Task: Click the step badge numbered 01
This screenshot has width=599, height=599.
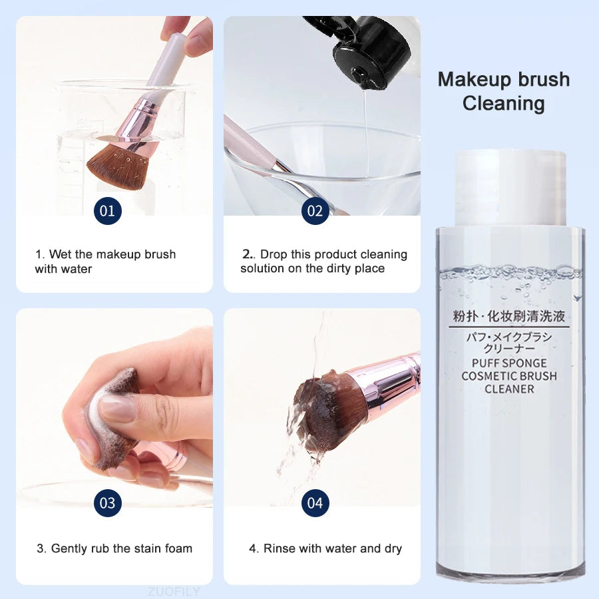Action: [x=108, y=211]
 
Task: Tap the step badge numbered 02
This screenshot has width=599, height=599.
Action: [x=315, y=211]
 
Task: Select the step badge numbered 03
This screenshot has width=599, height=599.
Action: [x=108, y=502]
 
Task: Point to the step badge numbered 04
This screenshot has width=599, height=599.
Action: [x=315, y=502]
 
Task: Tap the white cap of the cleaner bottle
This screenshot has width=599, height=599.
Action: [x=510, y=188]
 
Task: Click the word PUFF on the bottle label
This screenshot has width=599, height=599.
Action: [x=485, y=363]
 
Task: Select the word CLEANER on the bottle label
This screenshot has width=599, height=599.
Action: [x=509, y=389]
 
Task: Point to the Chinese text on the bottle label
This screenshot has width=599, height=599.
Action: [x=509, y=316]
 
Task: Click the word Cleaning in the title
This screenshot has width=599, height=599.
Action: [x=504, y=103]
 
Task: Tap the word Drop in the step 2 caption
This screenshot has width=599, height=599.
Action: [x=274, y=255]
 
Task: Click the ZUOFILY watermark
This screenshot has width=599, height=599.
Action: [x=174, y=592]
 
